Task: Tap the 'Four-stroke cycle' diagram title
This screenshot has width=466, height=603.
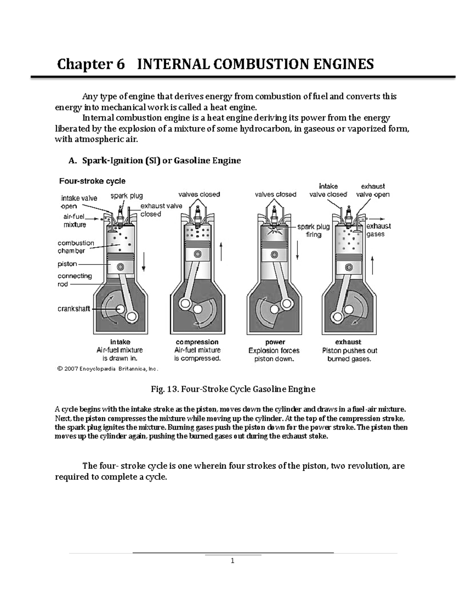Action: point(92,181)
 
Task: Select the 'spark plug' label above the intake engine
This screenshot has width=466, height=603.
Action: point(127,196)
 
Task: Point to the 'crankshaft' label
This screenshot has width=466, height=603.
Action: point(74,309)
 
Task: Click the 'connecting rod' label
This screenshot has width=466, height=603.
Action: point(75,280)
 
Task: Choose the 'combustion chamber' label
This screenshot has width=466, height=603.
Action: point(76,247)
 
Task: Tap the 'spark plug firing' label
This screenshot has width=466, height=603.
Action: point(313,231)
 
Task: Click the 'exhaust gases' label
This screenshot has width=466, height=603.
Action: point(378,230)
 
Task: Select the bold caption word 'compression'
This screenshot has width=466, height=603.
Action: point(197,342)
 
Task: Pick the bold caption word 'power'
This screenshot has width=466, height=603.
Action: point(275,342)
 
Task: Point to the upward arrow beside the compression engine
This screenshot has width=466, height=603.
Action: point(221,252)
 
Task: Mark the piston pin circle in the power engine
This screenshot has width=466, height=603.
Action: point(275,255)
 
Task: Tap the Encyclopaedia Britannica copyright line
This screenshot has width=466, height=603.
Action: point(108,369)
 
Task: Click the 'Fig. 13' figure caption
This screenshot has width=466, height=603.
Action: point(233,389)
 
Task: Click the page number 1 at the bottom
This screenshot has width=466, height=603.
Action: point(232,561)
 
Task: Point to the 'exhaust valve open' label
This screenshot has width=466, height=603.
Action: point(373,190)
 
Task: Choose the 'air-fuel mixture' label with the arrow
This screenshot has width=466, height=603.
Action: point(75,221)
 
